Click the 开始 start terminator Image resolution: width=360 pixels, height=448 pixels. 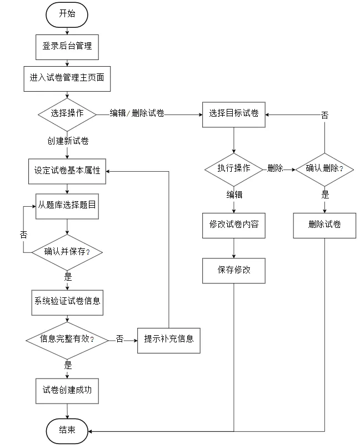point(67,15)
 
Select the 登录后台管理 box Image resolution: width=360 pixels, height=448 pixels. point(67,47)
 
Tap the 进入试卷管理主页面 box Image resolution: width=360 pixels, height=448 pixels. point(67,79)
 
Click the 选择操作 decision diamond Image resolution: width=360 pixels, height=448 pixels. point(67,115)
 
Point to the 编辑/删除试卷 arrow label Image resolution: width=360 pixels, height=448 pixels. point(137,113)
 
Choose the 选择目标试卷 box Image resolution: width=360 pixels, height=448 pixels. point(234,115)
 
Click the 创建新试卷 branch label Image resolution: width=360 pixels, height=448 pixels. point(68,141)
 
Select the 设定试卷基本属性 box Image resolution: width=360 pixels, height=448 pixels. point(67,171)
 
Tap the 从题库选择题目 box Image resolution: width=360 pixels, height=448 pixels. point(67,206)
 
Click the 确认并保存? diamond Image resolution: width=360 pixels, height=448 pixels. point(67,252)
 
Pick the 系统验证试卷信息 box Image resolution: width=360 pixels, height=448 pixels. point(67,302)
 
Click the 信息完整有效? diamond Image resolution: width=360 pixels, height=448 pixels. point(67,340)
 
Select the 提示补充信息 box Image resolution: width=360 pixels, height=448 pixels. point(169,341)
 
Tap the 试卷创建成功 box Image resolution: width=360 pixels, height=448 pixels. point(67,391)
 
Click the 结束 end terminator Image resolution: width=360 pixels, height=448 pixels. point(67,431)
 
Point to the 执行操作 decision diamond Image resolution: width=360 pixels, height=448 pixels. point(234,170)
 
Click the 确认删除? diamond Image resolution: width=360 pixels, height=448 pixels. point(324,170)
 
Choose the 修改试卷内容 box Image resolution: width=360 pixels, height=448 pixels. point(234,226)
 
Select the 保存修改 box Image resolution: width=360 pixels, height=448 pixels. point(234,271)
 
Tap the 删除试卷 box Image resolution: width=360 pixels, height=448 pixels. point(324,226)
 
